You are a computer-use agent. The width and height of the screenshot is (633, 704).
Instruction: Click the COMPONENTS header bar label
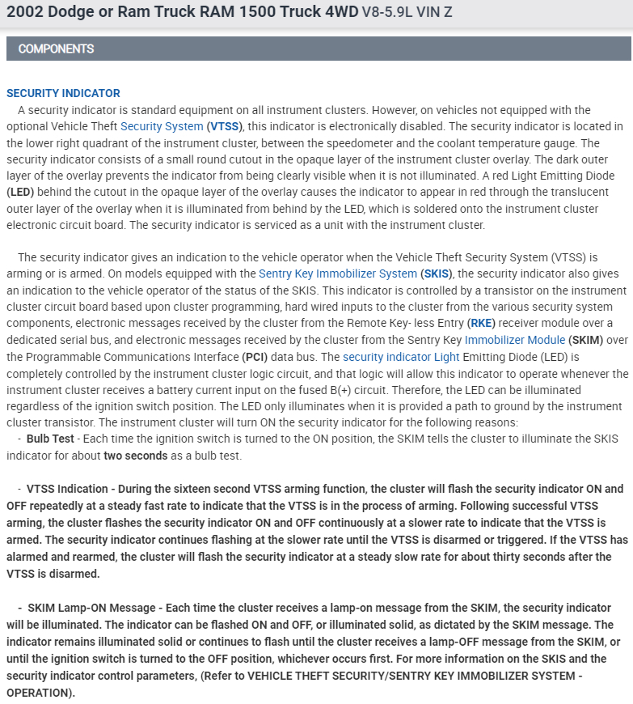(x=56, y=49)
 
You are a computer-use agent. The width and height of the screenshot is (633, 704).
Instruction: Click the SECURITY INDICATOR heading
(x=63, y=93)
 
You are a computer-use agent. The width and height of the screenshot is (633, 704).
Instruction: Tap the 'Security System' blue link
(x=162, y=126)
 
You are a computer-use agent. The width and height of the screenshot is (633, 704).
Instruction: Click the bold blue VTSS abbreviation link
(x=225, y=126)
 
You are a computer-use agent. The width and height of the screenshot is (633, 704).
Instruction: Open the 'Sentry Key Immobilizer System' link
(x=338, y=274)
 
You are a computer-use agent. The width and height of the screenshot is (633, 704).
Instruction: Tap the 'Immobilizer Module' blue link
(x=515, y=340)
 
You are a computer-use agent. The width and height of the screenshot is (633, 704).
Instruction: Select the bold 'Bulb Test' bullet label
(x=50, y=439)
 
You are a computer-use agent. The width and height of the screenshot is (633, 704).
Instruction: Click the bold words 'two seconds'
(x=135, y=456)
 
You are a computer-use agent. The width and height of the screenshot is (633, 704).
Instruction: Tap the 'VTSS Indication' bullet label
(x=67, y=489)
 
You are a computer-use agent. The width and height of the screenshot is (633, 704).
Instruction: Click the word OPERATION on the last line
(x=40, y=693)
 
